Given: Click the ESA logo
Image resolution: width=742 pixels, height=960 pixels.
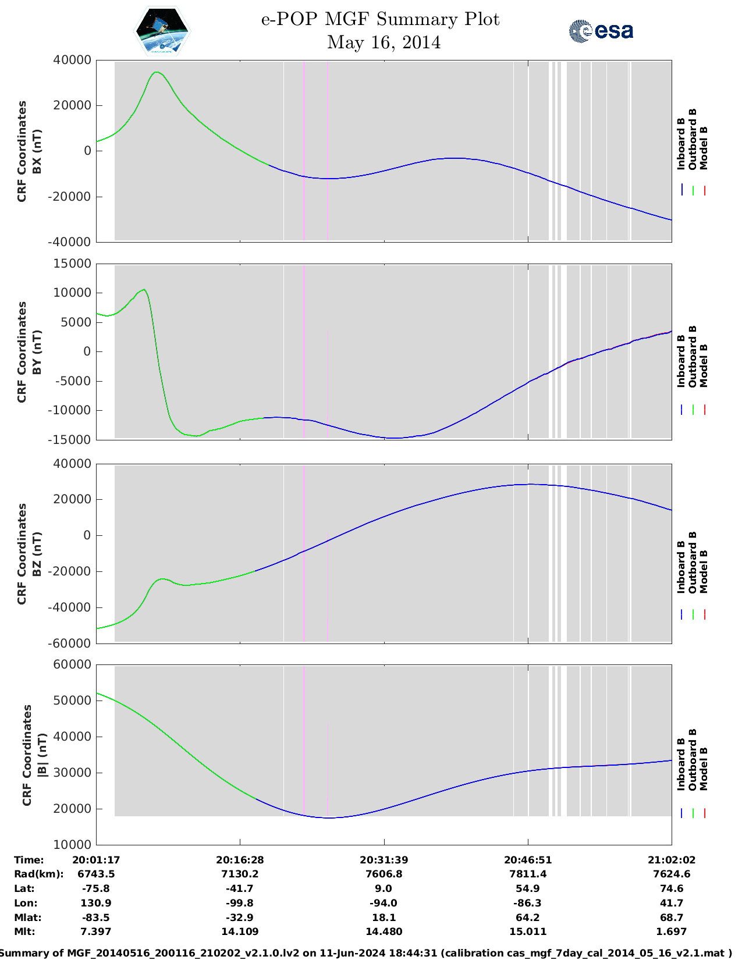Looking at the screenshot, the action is (x=601, y=31).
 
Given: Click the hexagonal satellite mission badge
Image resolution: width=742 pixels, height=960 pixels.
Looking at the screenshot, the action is (x=162, y=31).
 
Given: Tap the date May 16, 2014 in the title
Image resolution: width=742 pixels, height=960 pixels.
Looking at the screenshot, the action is (x=384, y=42).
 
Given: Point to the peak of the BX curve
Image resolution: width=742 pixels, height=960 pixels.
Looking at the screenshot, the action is (x=157, y=72).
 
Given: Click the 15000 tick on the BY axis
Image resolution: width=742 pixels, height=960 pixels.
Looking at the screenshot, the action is (x=72, y=264).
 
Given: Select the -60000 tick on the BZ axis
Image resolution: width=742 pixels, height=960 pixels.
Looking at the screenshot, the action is (x=69, y=643).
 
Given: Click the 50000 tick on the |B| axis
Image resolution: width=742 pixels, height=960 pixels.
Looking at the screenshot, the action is (x=72, y=701).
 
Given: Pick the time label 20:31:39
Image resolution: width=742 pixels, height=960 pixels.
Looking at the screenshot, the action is (x=384, y=860).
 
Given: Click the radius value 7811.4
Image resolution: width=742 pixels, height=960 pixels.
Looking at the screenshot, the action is (x=528, y=874).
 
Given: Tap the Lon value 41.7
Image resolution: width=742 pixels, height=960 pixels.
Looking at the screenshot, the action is (x=671, y=903).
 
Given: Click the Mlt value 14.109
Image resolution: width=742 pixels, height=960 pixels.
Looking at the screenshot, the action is (x=240, y=931).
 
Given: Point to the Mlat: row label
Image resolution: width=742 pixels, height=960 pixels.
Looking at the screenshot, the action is (x=27, y=918).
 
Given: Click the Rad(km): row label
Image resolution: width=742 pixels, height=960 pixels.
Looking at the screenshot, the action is (x=39, y=874).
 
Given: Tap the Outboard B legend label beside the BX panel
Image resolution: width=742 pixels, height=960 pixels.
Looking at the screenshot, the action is (x=692, y=139).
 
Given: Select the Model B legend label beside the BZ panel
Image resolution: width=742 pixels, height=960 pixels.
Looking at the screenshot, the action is (x=704, y=572).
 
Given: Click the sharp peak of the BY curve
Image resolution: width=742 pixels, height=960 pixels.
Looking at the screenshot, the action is (x=144, y=289).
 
